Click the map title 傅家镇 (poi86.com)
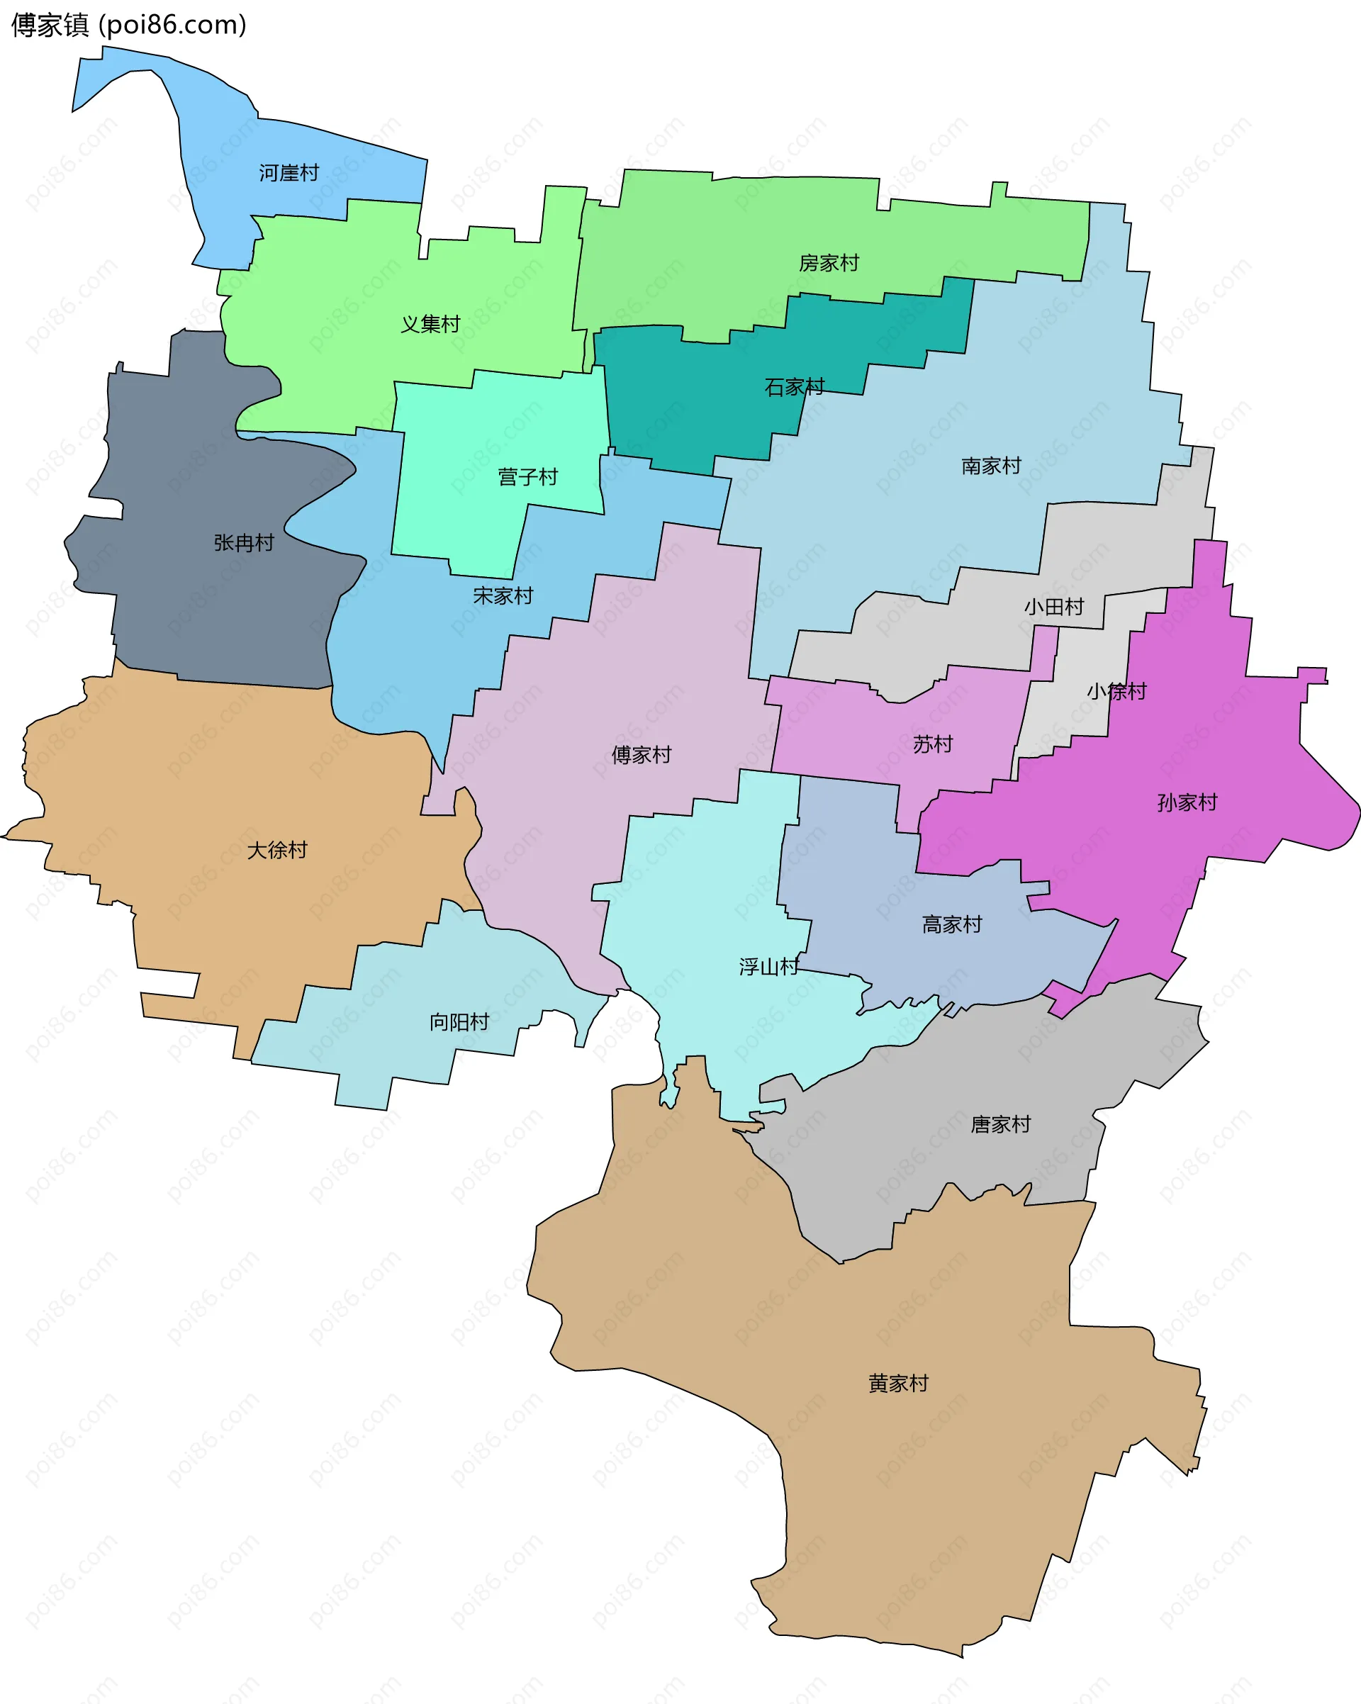tap(129, 26)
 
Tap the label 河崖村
tap(289, 173)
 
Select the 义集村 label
tap(430, 324)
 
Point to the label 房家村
tap(829, 263)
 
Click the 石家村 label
tap(795, 387)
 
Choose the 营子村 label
tap(527, 477)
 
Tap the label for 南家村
tap(991, 466)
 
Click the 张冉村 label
tap(243, 543)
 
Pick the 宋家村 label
tap(503, 596)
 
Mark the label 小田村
tap(1053, 607)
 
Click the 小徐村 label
tap(1116, 692)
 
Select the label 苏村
tap(933, 744)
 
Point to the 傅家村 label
tap(641, 756)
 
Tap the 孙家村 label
tap(1187, 803)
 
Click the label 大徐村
tap(276, 851)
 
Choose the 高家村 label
tap(951, 925)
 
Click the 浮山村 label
tap(768, 968)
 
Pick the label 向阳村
tap(459, 1023)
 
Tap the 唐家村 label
tap(1001, 1125)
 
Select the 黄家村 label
tap(898, 1384)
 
